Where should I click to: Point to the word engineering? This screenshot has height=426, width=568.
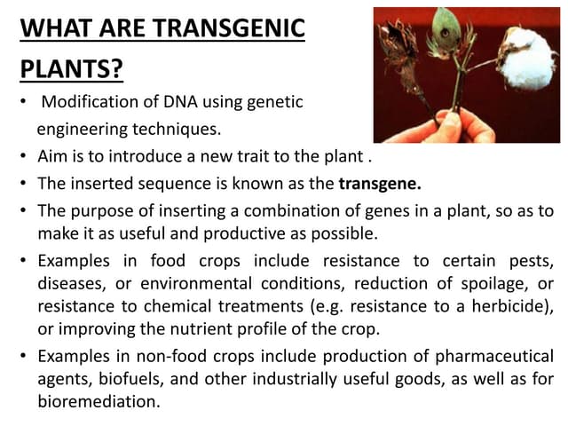click(x=78, y=130)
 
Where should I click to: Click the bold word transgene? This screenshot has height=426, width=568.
click(x=380, y=185)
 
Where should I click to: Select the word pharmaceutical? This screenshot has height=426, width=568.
click(x=493, y=357)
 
